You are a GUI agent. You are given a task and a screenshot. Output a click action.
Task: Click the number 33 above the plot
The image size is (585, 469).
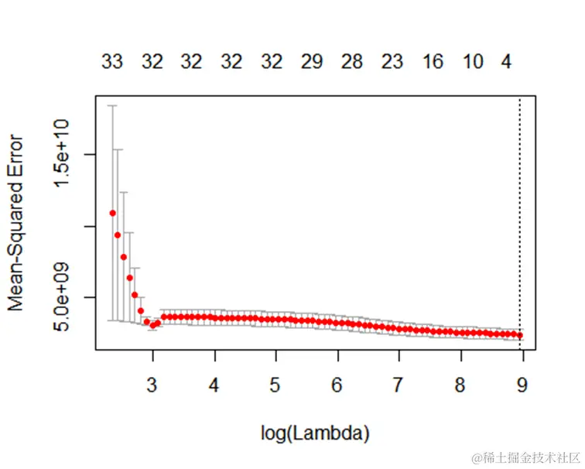[x=112, y=63]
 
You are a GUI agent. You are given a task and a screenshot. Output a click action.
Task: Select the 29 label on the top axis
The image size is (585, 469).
[x=312, y=63]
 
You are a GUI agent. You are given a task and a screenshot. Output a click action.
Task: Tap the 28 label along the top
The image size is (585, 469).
[x=352, y=63]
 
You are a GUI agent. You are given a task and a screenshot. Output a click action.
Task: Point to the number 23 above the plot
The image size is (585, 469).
[x=392, y=63]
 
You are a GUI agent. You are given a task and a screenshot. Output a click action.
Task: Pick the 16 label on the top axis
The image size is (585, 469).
[x=433, y=63]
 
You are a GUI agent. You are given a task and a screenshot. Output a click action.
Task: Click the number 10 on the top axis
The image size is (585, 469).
[x=473, y=63]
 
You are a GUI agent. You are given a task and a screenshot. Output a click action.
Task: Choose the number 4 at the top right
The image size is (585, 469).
[x=507, y=63]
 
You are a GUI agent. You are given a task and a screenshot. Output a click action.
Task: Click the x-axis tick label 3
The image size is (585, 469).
[x=152, y=385]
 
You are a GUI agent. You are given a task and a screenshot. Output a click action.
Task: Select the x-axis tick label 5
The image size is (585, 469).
[x=275, y=385]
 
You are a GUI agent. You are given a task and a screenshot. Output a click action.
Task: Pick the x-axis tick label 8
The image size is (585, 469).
[x=460, y=385]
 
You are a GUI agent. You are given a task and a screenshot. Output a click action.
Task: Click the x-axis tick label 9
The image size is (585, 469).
[x=522, y=385]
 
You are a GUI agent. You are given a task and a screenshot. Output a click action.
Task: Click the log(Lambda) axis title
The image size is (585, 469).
[x=315, y=433]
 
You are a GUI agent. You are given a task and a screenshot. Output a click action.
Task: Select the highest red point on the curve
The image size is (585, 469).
[x=113, y=213]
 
